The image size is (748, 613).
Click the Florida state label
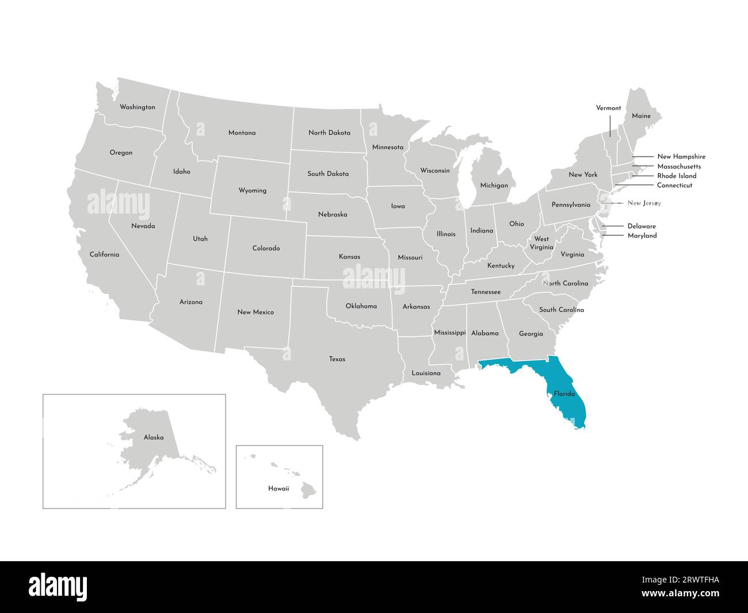[564, 394]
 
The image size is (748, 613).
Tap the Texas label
[337, 359]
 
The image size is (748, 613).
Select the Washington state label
[137, 107]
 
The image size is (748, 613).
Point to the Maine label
[641, 116]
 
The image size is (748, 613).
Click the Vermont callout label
[608, 108]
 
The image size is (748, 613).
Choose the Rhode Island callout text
[677, 176]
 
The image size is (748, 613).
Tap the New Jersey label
[644, 203]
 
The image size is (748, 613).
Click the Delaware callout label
[642, 226]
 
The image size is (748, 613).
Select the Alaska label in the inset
[154, 437]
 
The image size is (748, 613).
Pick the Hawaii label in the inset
[278, 489]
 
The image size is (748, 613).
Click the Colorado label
[266, 248]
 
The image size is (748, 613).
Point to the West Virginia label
[541, 243]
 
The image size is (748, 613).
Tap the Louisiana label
[426, 373]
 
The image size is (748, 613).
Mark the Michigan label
[494, 185]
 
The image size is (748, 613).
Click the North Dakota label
[329, 132]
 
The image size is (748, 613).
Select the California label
[104, 254]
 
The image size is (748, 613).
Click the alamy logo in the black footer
[58, 587]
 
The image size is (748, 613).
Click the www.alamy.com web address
[680, 593]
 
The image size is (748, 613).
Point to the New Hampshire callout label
[681, 157]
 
